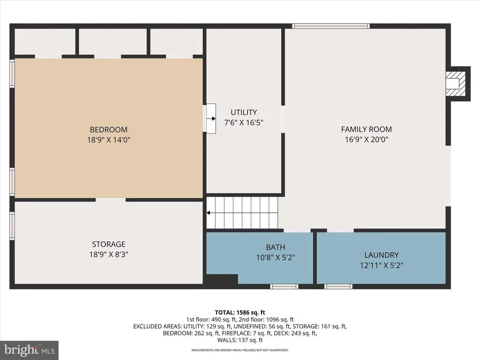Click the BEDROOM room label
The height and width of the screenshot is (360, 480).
109,129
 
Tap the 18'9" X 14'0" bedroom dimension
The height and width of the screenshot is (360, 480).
109,140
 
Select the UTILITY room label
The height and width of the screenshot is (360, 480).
244,112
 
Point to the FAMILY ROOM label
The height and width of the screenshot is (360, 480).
367,129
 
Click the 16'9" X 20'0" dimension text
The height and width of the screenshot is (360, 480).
367,140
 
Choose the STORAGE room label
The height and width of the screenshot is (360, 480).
109,244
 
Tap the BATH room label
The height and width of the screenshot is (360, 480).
276,247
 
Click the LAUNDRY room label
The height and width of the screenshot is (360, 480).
382,255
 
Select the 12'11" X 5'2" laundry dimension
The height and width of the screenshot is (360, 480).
382,265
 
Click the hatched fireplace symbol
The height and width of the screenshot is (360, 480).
456,83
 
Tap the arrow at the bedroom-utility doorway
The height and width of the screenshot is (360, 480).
211,119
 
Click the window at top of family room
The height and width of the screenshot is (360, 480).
330,26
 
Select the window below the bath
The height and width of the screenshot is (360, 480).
284,286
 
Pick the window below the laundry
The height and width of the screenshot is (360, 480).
338,286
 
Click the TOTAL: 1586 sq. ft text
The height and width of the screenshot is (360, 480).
240,313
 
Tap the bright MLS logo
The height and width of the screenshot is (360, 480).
30,350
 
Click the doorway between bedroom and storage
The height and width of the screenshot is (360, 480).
111,200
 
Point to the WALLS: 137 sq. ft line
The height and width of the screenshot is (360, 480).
240,340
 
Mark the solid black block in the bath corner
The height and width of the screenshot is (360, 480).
222,279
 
